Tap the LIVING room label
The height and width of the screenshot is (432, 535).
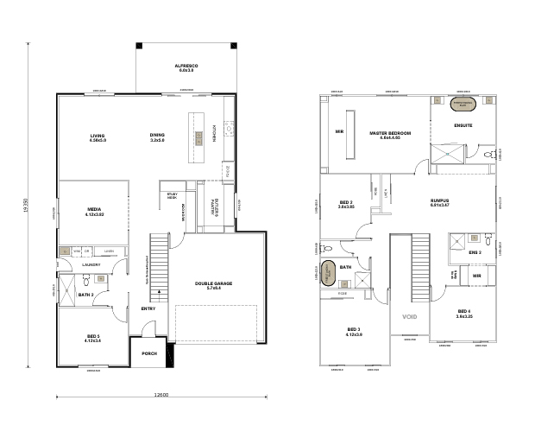tap(97, 137)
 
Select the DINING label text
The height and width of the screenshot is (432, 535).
tap(157, 137)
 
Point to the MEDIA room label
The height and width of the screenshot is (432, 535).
tap(95, 210)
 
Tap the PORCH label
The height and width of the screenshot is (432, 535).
tap(149, 353)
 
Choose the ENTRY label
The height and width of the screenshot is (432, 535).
tap(148, 308)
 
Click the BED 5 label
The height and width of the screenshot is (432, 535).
tap(93, 338)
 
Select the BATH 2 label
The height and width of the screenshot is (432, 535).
tap(85, 295)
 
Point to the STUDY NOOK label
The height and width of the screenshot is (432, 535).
tap(172, 196)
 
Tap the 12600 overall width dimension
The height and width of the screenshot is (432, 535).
tap(160, 395)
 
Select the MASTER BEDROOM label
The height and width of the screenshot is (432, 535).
tap(390, 134)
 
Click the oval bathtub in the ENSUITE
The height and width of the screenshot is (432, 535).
tap(464, 104)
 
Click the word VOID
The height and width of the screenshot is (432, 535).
tap(409, 317)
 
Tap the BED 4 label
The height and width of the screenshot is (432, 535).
tap(464, 312)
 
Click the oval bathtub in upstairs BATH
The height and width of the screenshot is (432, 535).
tap(329, 270)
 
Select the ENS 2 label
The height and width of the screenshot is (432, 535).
tap(475, 252)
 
